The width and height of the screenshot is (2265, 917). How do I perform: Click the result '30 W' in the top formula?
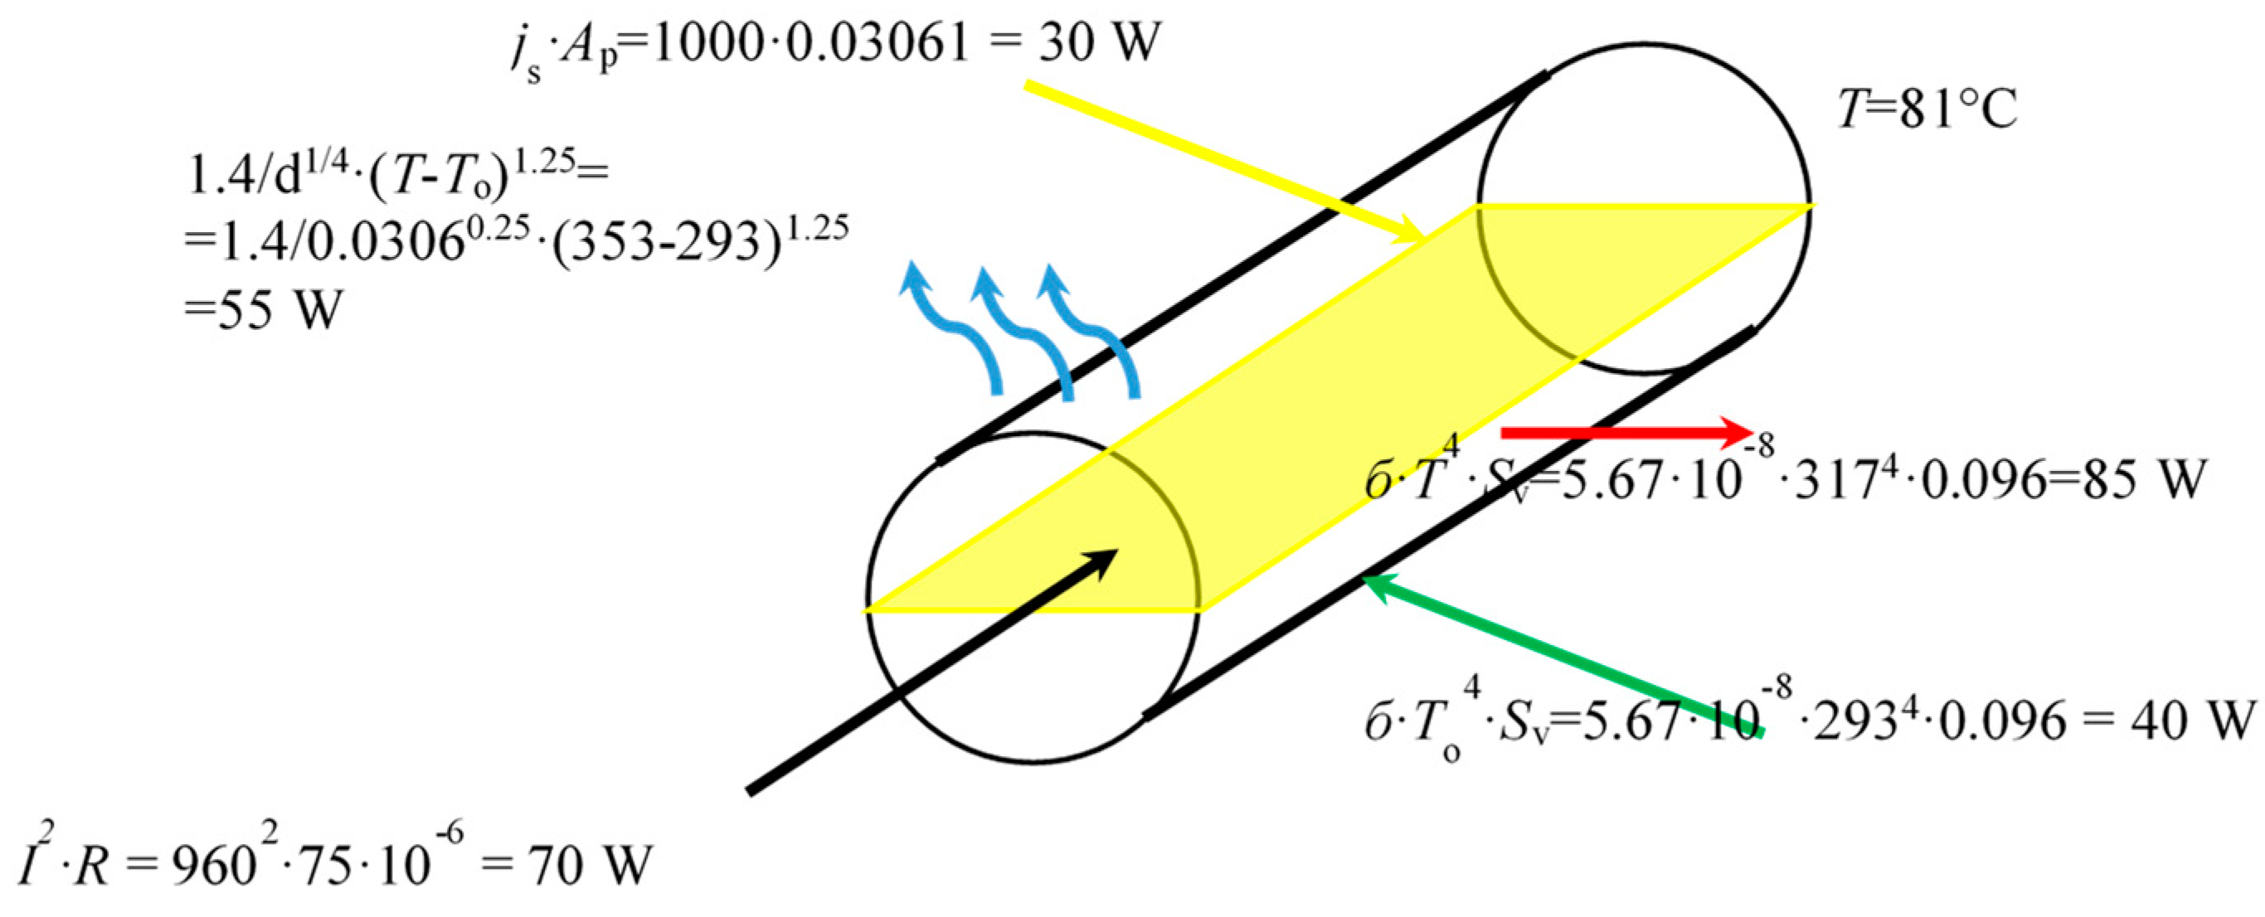coord(1100,42)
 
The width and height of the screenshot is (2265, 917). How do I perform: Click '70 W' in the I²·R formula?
coord(589,866)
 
